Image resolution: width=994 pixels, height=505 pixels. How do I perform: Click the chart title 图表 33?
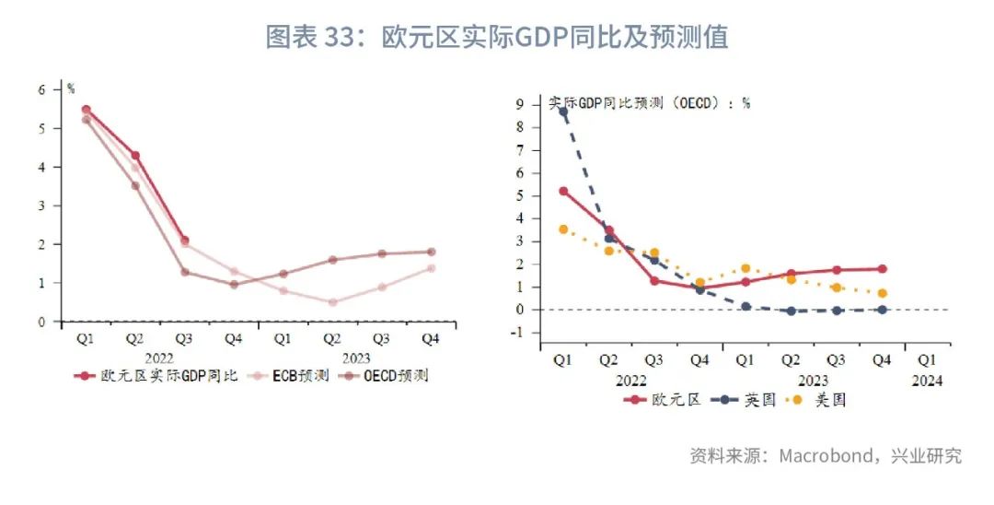click(x=497, y=37)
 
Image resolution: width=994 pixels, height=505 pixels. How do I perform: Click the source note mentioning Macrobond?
click(x=826, y=456)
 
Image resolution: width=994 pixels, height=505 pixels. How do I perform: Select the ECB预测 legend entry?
click(x=283, y=376)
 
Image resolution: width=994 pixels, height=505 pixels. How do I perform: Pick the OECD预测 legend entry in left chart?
click(x=386, y=376)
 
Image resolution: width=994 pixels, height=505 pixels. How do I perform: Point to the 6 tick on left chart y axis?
click(x=41, y=89)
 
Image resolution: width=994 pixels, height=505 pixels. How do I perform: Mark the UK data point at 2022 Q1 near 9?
click(x=563, y=112)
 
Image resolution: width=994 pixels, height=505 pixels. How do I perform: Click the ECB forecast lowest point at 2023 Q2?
click(x=332, y=302)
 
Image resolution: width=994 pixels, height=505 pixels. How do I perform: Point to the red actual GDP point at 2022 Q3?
click(x=185, y=241)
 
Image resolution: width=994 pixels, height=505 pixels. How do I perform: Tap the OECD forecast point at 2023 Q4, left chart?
click(x=431, y=252)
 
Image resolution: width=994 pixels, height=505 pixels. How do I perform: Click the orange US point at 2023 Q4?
click(x=882, y=293)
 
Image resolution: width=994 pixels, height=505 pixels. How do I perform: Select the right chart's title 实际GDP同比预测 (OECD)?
click(x=649, y=103)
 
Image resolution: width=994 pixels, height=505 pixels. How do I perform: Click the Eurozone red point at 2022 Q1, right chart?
click(x=563, y=192)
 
